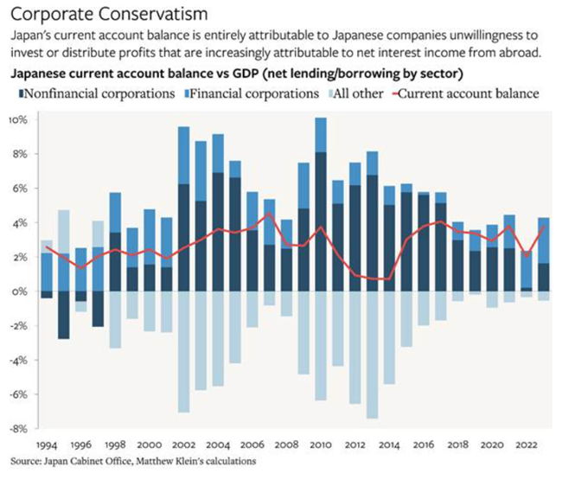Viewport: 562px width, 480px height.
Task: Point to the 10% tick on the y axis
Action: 19,119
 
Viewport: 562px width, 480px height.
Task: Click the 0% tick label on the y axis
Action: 21,291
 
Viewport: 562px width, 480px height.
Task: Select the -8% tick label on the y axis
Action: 19,427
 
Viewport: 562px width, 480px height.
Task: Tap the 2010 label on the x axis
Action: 321,442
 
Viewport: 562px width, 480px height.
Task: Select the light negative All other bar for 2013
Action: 373,355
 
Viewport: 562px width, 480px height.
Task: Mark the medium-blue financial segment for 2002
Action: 183,156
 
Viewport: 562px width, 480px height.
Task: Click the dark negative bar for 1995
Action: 64,315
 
